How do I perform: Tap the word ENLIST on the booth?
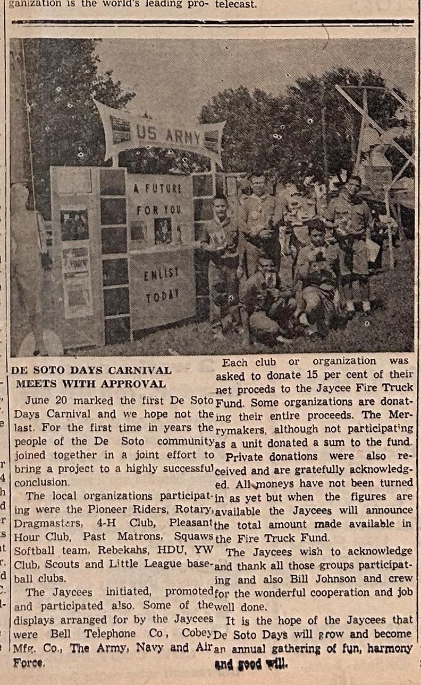click(161, 275)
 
